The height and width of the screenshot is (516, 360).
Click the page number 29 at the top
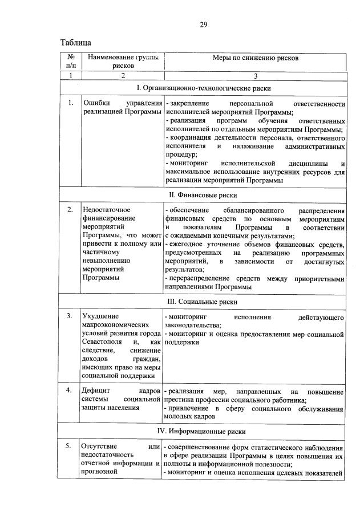point(203,25)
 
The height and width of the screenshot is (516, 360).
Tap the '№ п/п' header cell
point(71,62)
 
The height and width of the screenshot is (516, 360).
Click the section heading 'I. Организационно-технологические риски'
point(204,88)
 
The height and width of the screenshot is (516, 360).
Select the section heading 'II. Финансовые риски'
point(204,195)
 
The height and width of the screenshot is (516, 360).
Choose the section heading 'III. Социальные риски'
point(204,302)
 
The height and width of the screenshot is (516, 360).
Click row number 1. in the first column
point(70,103)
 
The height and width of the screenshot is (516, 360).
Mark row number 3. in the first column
point(70,316)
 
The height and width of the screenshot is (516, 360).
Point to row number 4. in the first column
point(70,391)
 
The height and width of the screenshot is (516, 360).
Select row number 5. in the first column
point(70,445)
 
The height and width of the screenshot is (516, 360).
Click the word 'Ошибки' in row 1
point(96,103)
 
